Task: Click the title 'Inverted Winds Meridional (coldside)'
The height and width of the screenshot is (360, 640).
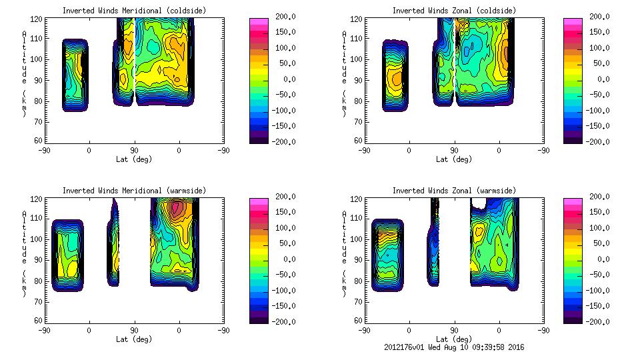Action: pos(134,11)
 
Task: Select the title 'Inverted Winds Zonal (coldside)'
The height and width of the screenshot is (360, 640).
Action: pos(454,11)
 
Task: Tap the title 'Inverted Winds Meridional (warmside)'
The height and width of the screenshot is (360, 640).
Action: pos(134,191)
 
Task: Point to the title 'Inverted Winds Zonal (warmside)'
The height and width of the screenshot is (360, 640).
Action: pos(454,191)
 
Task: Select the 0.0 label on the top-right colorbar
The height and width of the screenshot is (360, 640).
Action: pos(602,79)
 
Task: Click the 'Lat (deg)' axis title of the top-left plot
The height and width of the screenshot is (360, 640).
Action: pos(134,159)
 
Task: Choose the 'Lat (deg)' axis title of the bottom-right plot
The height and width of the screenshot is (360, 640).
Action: pos(454,339)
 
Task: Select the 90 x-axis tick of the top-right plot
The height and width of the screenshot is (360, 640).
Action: pos(454,151)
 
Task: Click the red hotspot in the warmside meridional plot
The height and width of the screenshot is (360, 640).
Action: pos(177,209)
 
